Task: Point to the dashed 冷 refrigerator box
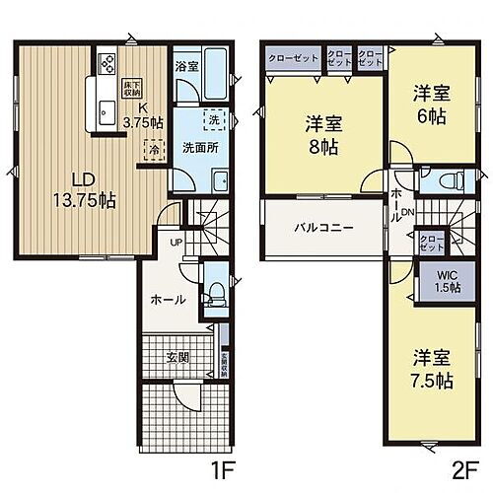point(153,148)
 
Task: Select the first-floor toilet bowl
point(217,292)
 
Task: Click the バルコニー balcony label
point(323,227)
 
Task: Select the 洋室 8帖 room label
point(322,132)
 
